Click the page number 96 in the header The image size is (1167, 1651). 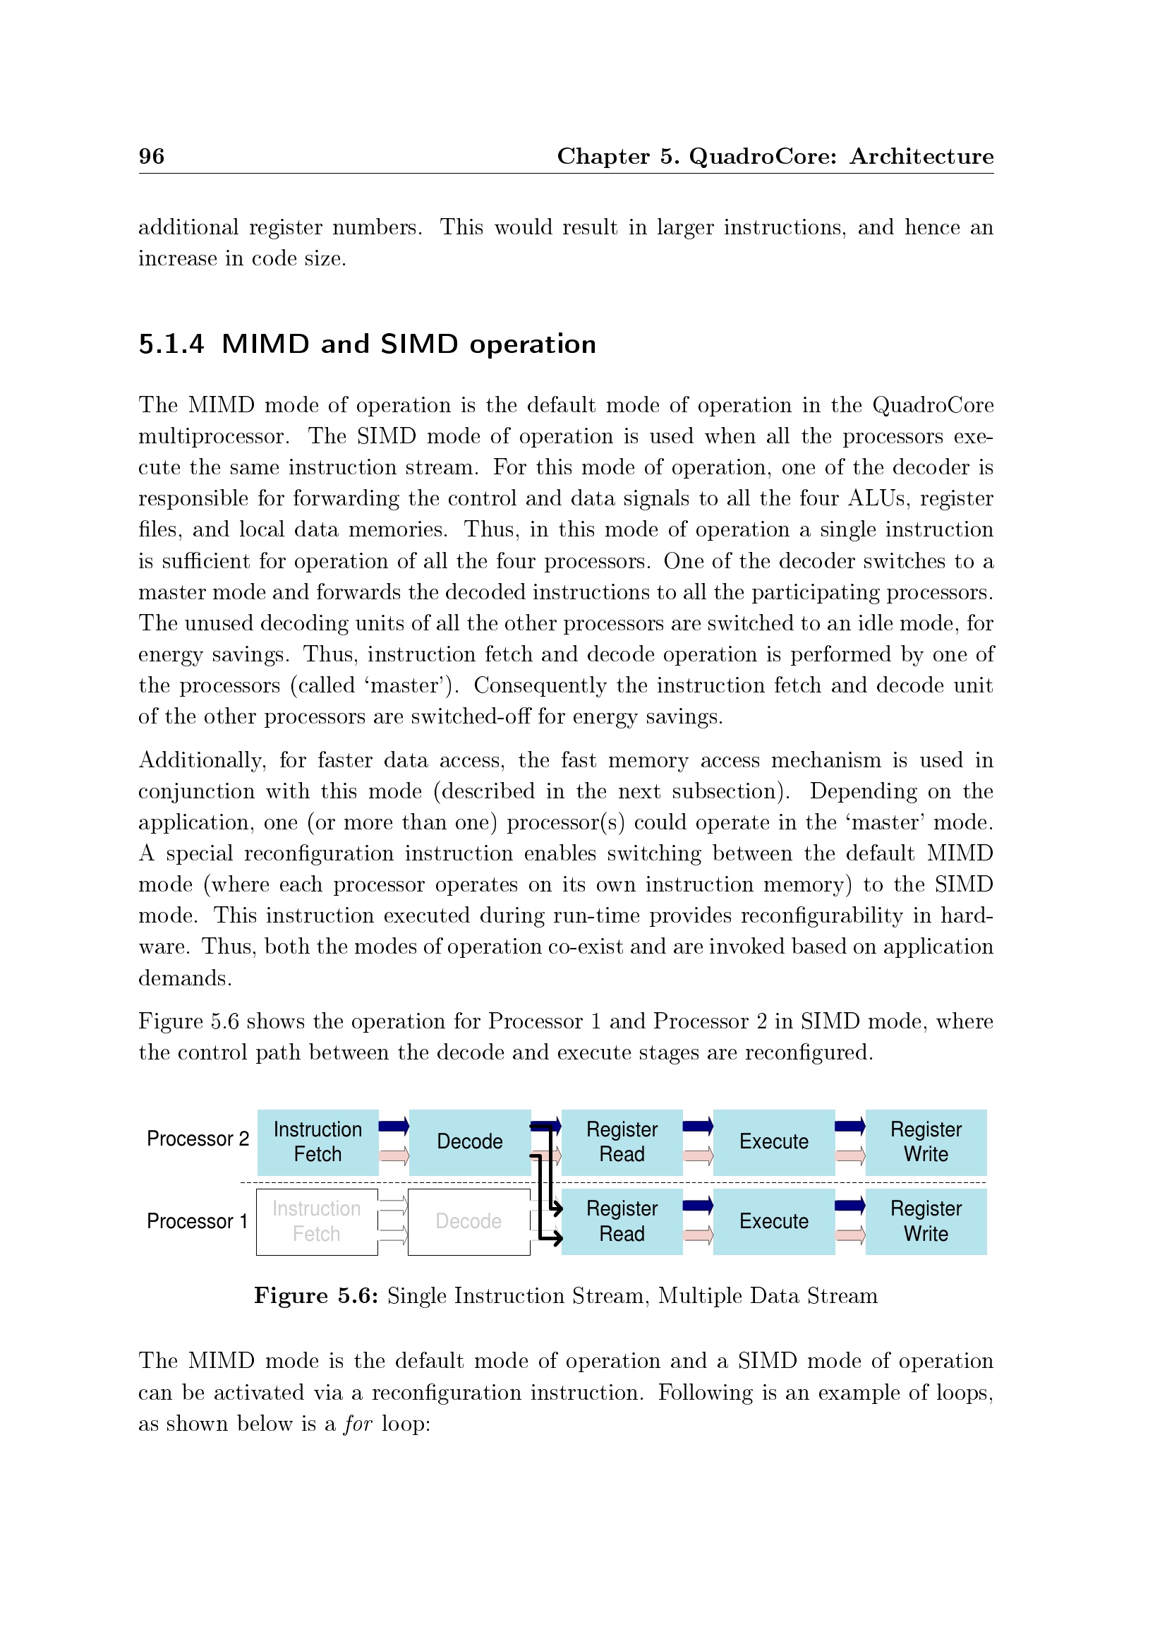coord(152,156)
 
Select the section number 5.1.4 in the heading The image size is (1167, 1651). coord(171,344)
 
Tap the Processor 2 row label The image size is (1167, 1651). coord(198,1139)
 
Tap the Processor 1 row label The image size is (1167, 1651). coord(197,1221)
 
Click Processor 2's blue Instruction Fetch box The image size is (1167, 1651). coord(318,1142)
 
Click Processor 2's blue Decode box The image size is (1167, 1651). coord(469,1142)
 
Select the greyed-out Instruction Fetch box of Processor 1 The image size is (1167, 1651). coord(317,1222)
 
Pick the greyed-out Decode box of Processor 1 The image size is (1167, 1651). coord(468,1222)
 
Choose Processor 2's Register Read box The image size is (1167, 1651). coord(622,1142)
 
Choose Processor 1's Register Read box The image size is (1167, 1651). coord(622,1222)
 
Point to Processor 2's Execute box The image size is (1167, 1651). coord(774,1142)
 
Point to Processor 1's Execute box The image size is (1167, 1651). coord(774,1222)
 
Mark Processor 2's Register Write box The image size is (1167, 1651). coord(926,1142)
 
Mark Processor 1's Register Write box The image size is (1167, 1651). coord(926,1222)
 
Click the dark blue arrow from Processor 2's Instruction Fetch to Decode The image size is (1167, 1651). coord(394,1126)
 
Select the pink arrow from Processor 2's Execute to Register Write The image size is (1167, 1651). coord(850,1156)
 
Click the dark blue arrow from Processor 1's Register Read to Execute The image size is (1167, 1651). coord(698,1206)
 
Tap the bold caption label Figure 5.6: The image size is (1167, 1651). coord(316,1296)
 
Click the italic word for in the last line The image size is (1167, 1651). coord(358,1424)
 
